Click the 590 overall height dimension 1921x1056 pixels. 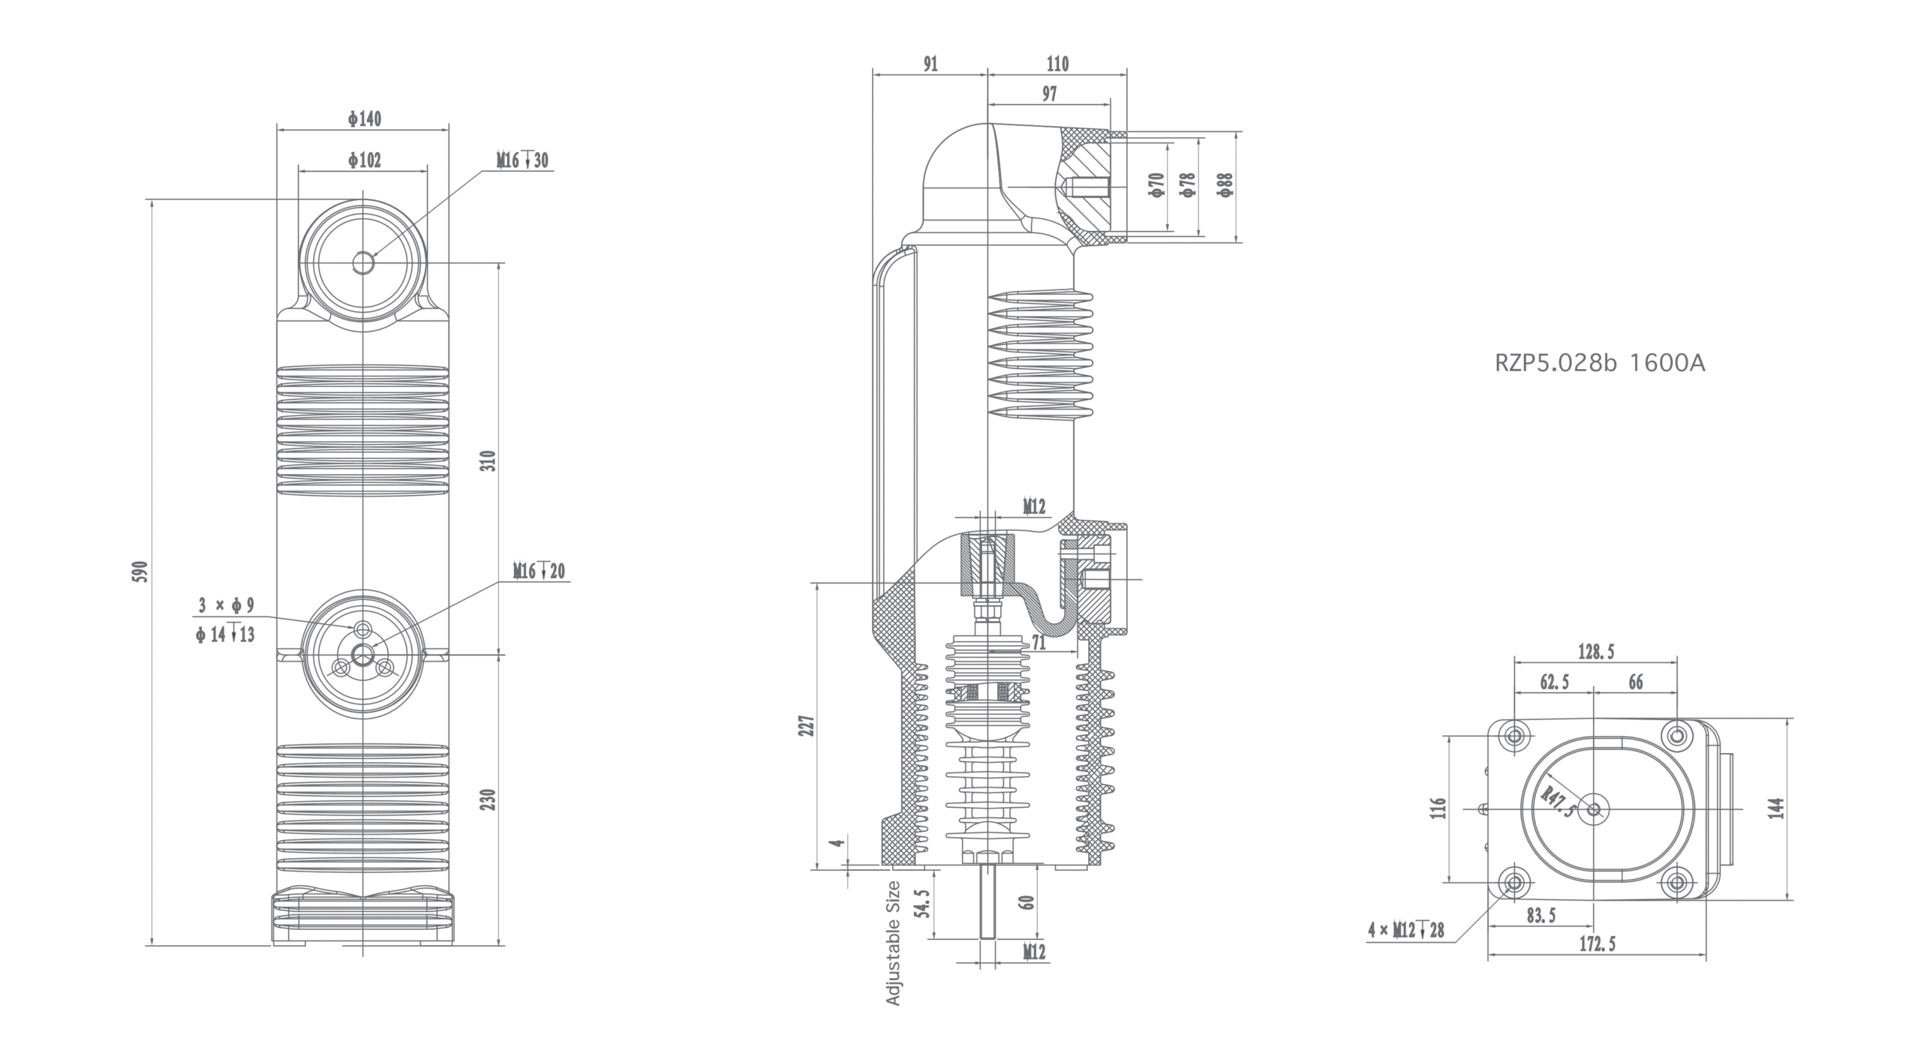(x=143, y=571)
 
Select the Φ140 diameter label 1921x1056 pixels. (x=365, y=119)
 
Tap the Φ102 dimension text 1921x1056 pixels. (x=365, y=160)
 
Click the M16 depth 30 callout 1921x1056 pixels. (x=522, y=160)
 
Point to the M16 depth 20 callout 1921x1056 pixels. (x=539, y=571)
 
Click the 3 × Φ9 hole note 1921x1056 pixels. (x=227, y=605)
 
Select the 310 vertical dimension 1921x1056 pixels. (x=488, y=460)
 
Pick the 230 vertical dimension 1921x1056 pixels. (x=488, y=799)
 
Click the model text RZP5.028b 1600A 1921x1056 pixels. (x=1600, y=364)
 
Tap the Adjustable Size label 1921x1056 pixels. (x=893, y=943)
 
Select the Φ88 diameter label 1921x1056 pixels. (x=1225, y=184)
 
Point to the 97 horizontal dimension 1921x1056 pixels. (x=1049, y=94)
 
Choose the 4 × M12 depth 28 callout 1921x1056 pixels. (x=1406, y=931)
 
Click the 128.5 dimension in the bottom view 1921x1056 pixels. (x=1596, y=652)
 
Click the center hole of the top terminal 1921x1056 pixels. (x=364, y=262)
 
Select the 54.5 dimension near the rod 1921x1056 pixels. (x=923, y=904)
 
